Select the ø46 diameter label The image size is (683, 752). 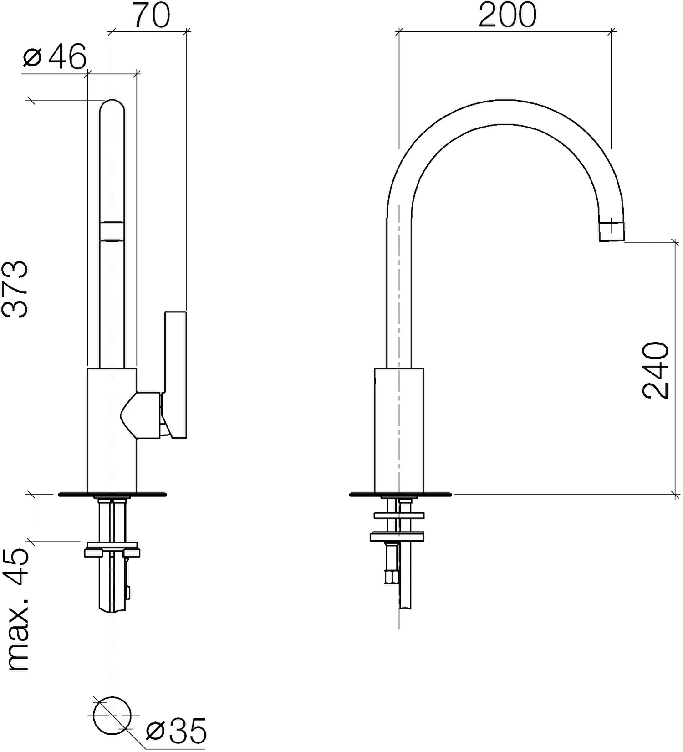(54, 57)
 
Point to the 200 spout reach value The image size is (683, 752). (507, 15)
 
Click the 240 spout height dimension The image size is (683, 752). (656, 370)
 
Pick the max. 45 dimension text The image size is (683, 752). (17, 610)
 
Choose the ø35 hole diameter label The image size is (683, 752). (176, 731)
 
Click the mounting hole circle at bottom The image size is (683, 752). (112, 716)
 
